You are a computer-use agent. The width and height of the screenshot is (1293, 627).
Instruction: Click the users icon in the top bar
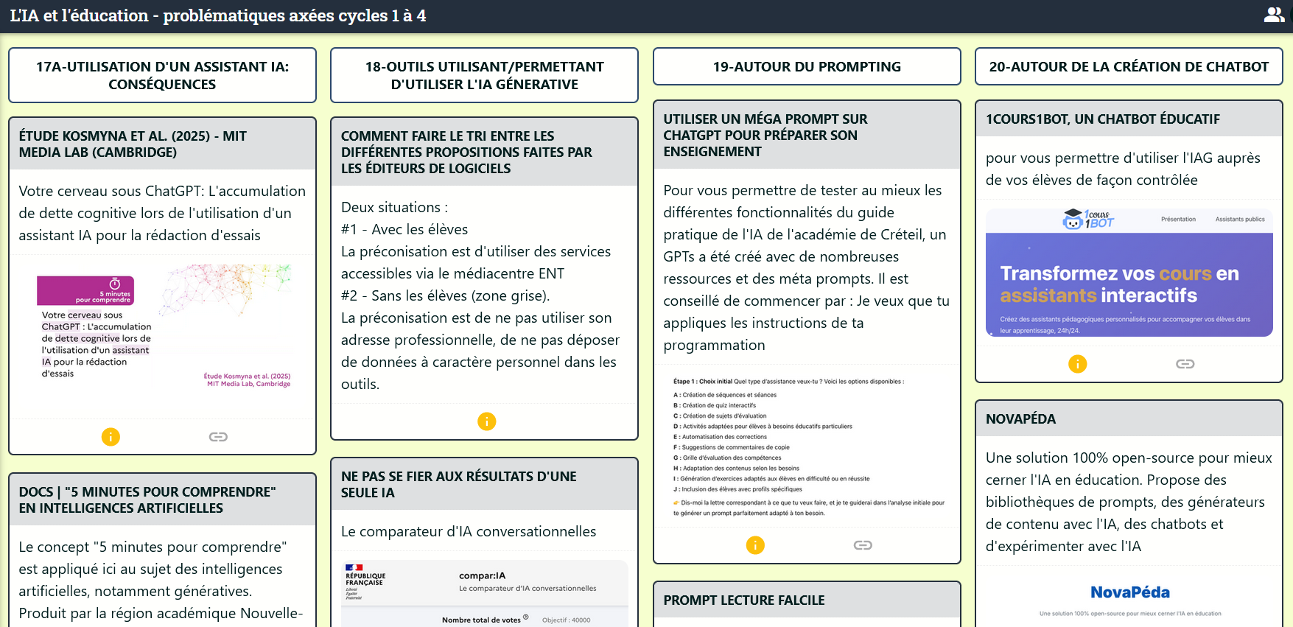[1274, 15]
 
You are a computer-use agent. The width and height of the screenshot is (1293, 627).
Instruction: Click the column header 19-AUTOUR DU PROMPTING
[807, 66]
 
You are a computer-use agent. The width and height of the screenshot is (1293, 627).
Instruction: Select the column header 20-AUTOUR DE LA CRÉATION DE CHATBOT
[1129, 66]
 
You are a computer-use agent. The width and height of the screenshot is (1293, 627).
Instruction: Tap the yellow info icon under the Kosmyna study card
[111, 437]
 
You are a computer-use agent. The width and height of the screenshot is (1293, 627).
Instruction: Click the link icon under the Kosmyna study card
[218, 437]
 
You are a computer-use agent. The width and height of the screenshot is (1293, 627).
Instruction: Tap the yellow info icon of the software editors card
[486, 421]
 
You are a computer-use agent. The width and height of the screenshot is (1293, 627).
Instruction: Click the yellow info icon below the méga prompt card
[755, 545]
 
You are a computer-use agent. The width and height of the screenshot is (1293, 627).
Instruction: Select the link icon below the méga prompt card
[863, 545]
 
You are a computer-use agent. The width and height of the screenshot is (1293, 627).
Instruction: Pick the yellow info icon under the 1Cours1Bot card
[1077, 364]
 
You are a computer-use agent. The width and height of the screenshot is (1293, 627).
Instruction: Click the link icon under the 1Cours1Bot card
[1185, 364]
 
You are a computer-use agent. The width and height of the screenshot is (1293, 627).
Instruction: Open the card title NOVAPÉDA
[1020, 419]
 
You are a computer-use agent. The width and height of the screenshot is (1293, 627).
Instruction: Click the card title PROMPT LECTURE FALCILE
[743, 600]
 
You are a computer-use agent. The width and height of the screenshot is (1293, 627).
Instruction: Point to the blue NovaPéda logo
[1129, 592]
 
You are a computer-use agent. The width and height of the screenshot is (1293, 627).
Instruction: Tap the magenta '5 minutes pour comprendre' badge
[85, 290]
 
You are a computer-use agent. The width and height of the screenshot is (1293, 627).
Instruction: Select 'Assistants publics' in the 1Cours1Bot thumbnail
[1240, 219]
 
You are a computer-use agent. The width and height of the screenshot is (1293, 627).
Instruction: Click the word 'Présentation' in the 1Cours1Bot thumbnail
[1178, 219]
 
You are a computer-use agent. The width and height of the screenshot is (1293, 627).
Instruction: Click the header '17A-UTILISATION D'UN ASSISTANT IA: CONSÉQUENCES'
[162, 75]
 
